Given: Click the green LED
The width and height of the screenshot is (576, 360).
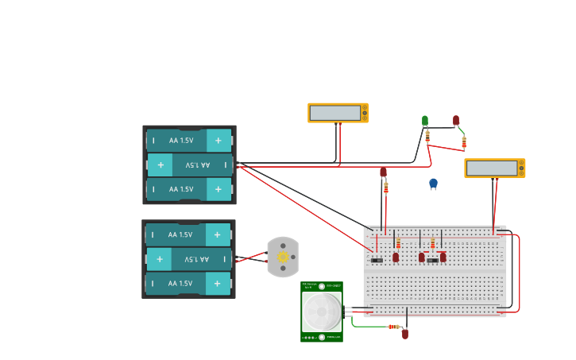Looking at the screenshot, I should (x=425, y=120).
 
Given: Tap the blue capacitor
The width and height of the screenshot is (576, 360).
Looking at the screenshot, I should (x=433, y=183).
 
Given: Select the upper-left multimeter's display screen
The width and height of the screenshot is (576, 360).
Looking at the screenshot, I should (x=335, y=113).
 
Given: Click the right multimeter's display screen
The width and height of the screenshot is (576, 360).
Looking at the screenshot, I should (x=492, y=168).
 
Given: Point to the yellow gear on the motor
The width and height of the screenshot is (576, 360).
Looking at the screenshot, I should (x=283, y=257).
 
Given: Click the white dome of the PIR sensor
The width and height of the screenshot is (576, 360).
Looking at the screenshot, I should (x=322, y=312).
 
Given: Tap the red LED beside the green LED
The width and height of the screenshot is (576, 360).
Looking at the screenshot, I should (x=456, y=120).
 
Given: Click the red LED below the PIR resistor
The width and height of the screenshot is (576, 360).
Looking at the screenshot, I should (x=404, y=334).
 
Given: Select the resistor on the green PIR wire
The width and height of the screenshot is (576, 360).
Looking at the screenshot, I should (x=394, y=327).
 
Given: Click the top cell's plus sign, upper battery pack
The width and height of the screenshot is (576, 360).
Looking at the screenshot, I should (x=218, y=141).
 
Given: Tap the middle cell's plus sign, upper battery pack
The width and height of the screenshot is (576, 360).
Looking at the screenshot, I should (x=160, y=165).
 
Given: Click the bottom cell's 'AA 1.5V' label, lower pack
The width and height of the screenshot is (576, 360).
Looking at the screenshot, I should (x=180, y=283).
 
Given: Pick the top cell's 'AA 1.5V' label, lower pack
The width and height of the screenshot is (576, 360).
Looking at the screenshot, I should (x=180, y=234).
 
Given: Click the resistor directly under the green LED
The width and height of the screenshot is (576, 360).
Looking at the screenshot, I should (x=427, y=136).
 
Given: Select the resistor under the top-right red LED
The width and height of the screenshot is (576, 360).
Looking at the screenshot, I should (x=464, y=142).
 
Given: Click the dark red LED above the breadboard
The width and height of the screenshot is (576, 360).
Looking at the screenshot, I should (x=383, y=172).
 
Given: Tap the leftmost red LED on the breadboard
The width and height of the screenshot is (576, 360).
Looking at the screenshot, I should (x=396, y=257).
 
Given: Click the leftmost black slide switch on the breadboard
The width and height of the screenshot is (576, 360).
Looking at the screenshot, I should (x=377, y=260).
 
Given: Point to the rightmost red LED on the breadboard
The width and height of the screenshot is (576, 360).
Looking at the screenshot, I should (x=443, y=257).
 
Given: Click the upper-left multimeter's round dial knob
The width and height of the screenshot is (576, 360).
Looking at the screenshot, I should (x=365, y=113).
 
